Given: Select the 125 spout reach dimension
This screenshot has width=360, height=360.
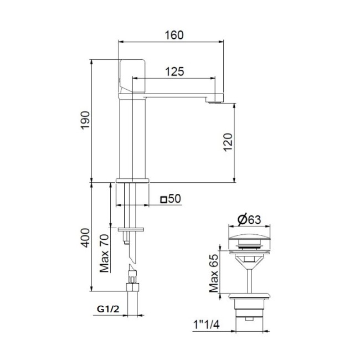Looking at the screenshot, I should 174,71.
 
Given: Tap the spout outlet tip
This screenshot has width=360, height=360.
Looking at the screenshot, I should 215,100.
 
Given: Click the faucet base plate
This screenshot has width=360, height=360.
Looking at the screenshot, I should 133,180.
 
